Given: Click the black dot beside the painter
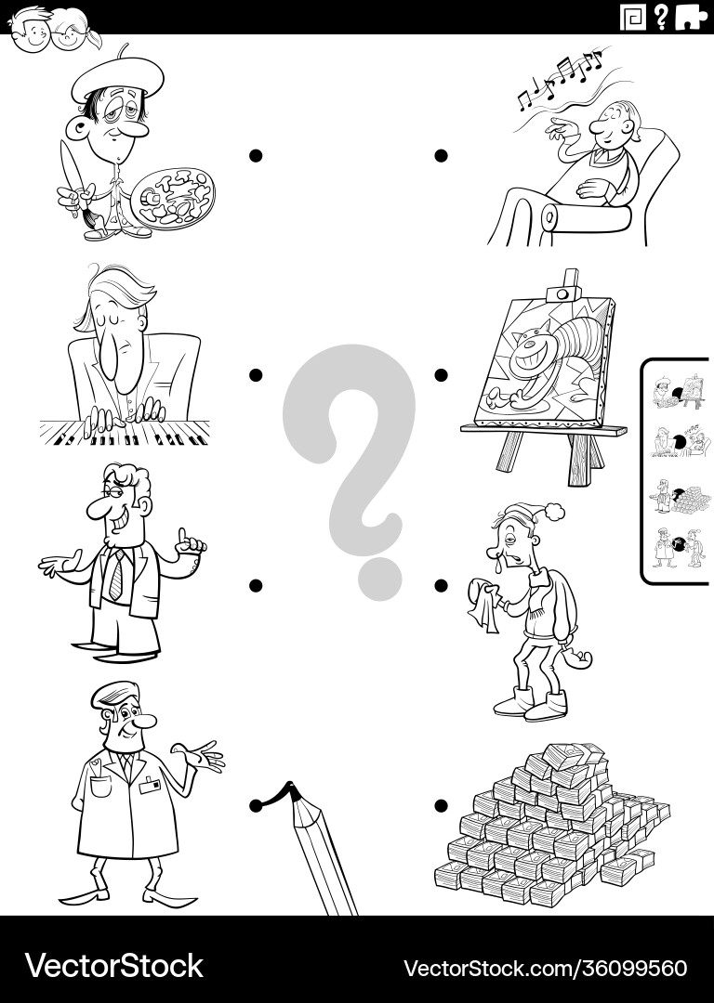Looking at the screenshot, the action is (256, 155).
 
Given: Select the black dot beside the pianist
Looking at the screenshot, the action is (256, 375).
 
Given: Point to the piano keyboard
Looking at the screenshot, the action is (125, 433).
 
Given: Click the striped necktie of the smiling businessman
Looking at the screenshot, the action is (116, 575).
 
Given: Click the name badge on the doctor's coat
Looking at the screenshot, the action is (150, 785).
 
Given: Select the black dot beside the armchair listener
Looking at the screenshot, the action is (441, 155).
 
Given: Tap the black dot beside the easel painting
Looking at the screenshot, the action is (441, 375).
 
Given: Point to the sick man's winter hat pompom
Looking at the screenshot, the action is (554, 511).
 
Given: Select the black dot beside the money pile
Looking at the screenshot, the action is (441, 805).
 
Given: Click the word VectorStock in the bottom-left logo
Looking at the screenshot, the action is (114, 965).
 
